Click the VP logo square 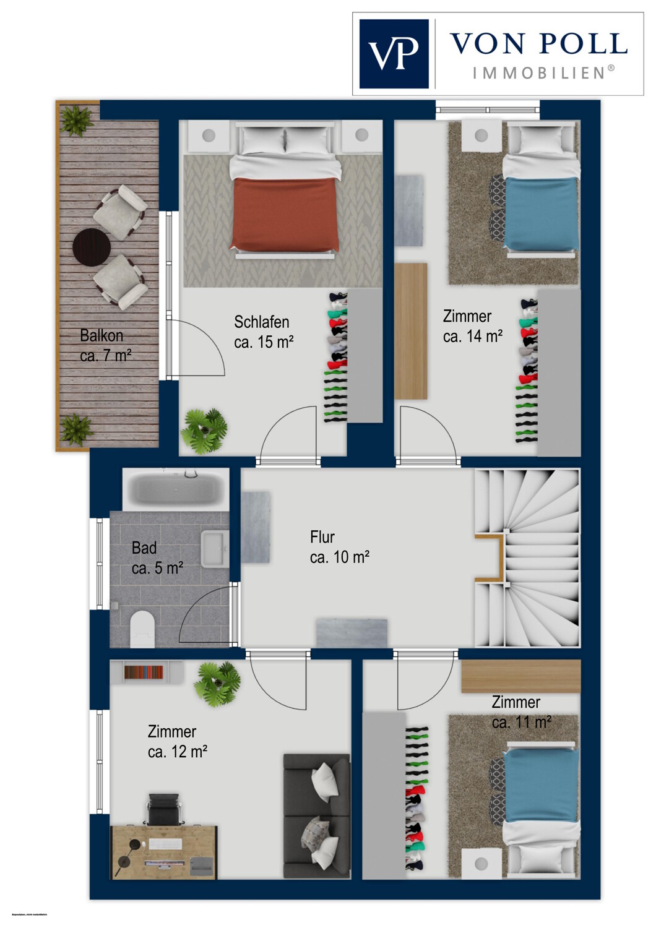tap(394, 54)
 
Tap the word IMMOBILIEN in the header tap(538, 73)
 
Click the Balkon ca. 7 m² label tap(105, 345)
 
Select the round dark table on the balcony tap(92, 246)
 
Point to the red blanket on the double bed tap(286, 213)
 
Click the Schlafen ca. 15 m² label tap(263, 332)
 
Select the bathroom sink tap(215, 548)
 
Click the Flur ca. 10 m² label tap(339, 547)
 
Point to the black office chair tap(163, 810)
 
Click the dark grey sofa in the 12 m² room tap(316, 815)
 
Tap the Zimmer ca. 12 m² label tap(177, 741)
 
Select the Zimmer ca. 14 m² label tap(472, 326)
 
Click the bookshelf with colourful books tap(144, 672)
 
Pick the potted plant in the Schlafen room tap(204, 431)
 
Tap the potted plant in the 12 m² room tap(217, 684)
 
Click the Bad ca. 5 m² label tap(157, 557)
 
